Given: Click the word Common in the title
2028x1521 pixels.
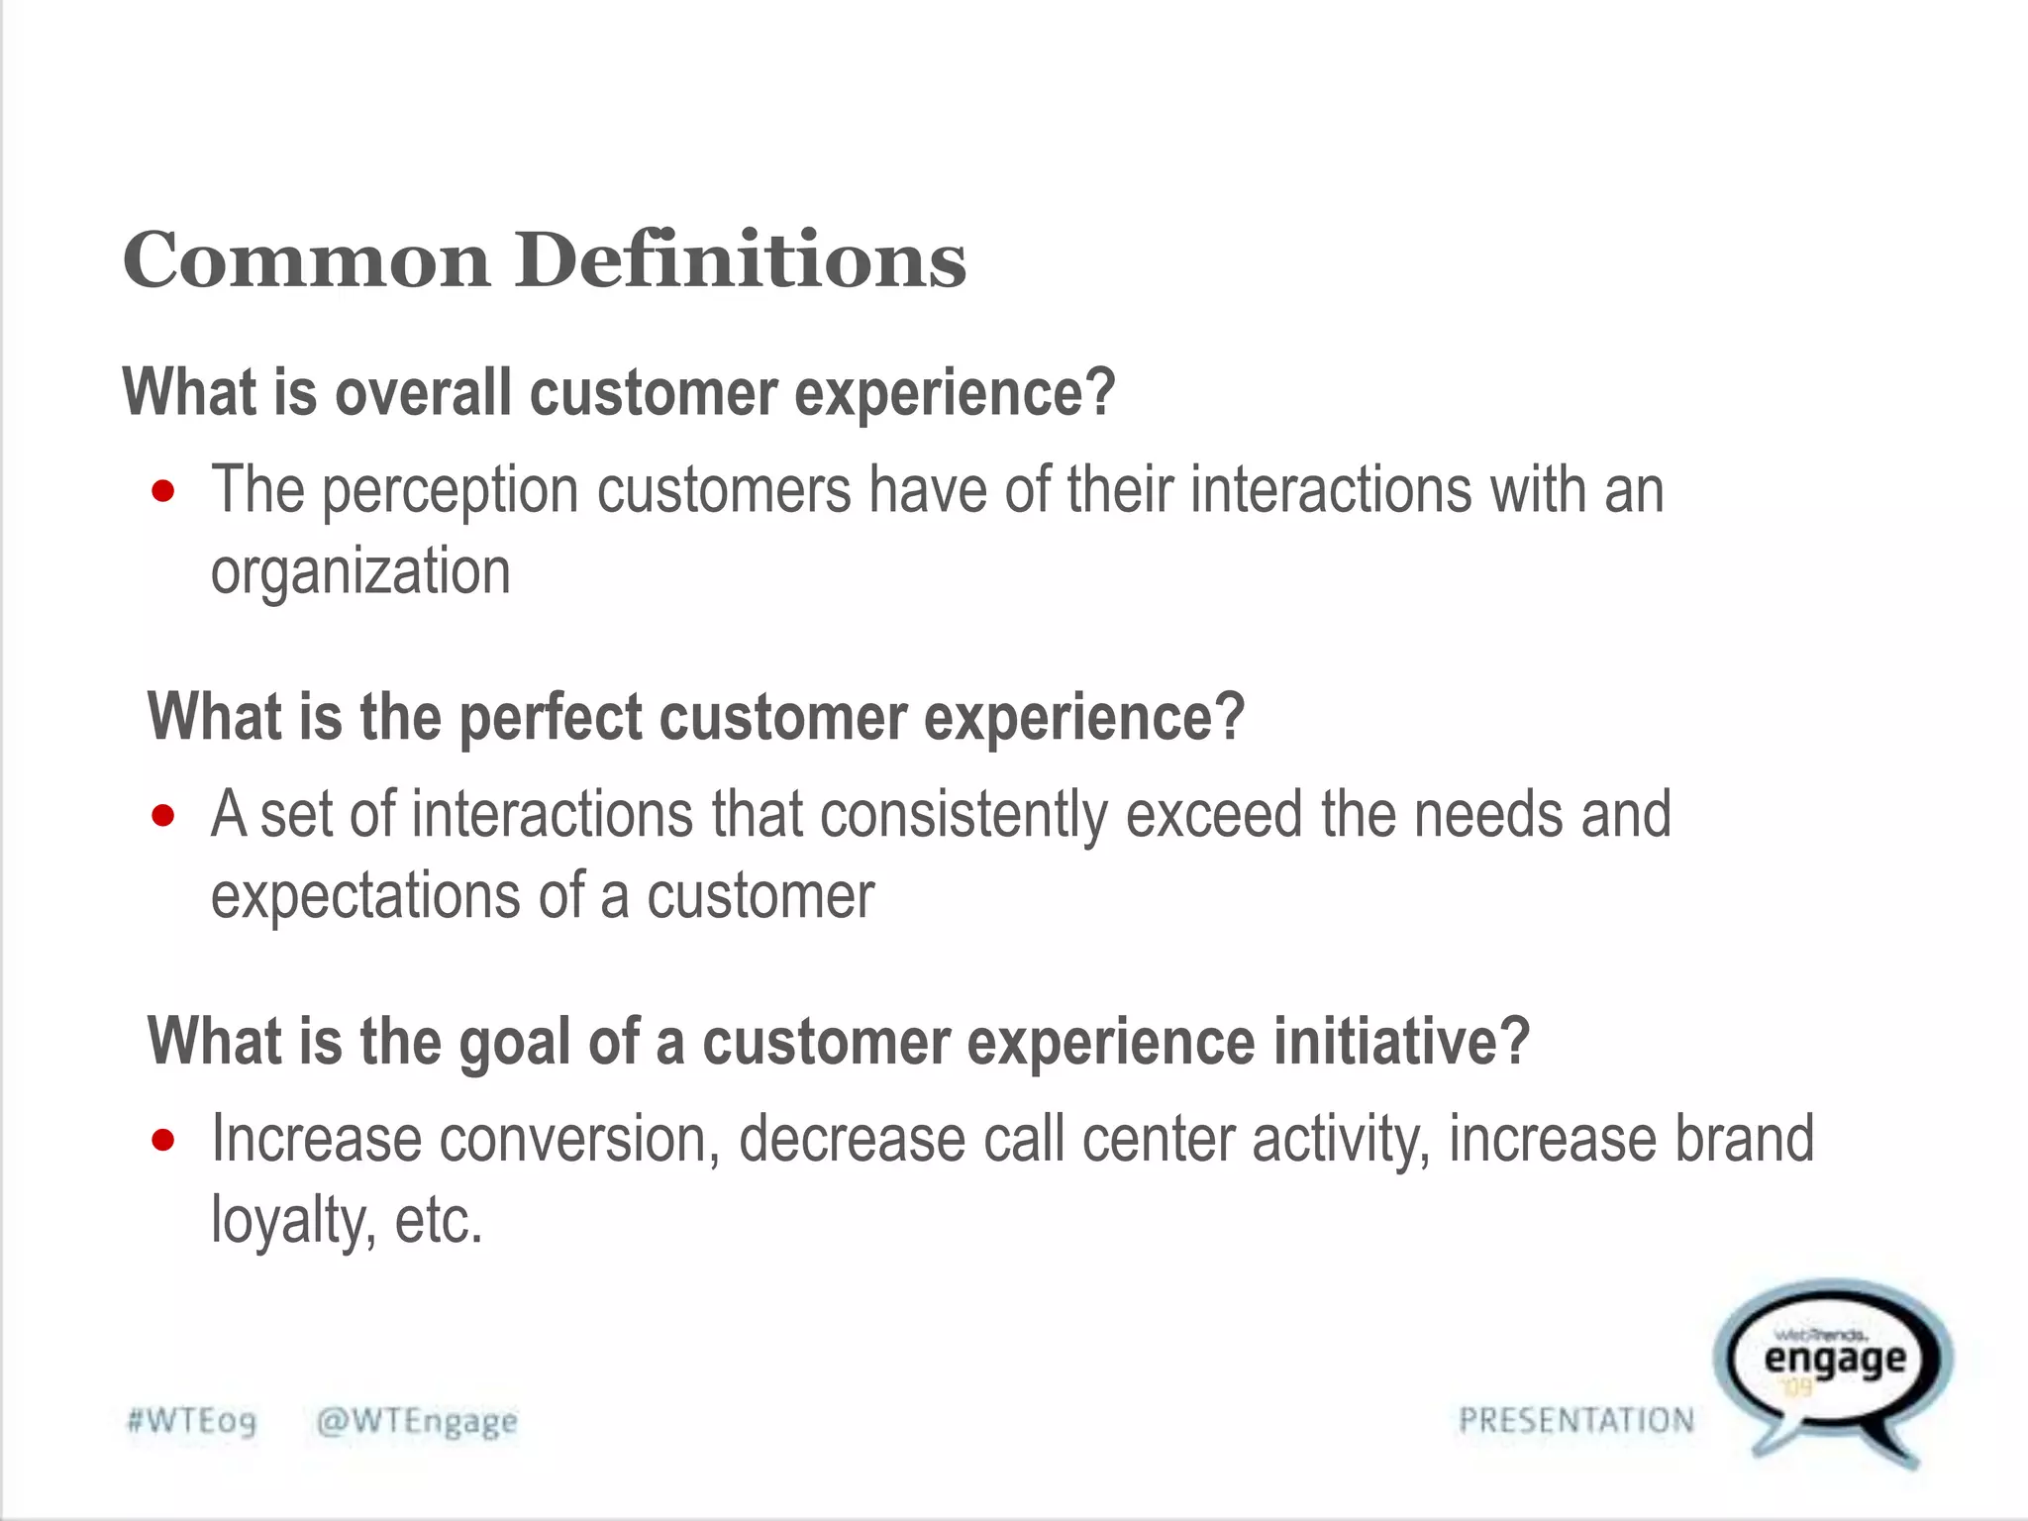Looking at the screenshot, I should tap(306, 260).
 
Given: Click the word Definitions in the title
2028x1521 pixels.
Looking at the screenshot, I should tap(741, 260).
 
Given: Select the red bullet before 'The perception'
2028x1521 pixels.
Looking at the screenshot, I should tap(163, 491).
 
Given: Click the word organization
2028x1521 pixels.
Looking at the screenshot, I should tap(360, 573).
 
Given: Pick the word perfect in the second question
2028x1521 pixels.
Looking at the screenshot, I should tap(551, 717).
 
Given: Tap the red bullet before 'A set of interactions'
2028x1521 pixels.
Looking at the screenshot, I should tap(163, 816).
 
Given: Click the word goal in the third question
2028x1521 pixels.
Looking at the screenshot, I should tap(515, 1042).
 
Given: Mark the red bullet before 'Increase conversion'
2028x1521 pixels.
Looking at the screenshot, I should tap(163, 1140).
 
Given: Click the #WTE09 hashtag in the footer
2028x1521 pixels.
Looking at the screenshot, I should tap(192, 1422).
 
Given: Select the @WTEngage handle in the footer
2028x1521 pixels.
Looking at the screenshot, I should tap(417, 1422).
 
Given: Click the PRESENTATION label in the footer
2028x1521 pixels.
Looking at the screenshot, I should tap(1576, 1421).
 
